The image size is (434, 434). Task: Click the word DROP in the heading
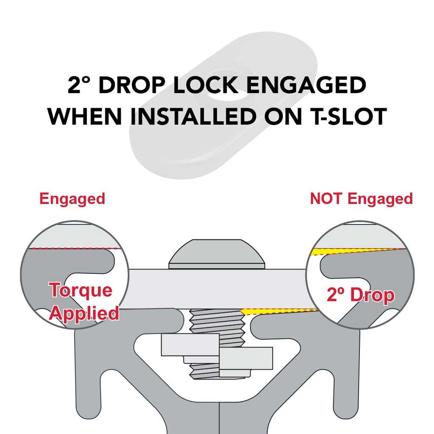click(132, 85)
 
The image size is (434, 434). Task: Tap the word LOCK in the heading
click(206, 85)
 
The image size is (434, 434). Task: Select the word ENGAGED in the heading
click(306, 85)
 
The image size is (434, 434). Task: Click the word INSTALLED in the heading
click(193, 116)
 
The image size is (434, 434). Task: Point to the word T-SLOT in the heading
click(348, 116)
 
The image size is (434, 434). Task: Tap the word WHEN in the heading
click(85, 116)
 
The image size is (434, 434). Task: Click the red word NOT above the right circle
click(325, 198)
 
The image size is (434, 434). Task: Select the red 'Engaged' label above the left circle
click(72, 199)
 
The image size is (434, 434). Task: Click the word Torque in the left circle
click(81, 290)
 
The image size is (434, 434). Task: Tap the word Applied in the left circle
click(84, 314)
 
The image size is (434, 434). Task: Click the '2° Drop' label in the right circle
click(361, 295)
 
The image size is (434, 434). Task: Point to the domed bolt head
click(217, 254)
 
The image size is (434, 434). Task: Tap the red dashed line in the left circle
click(75, 248)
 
